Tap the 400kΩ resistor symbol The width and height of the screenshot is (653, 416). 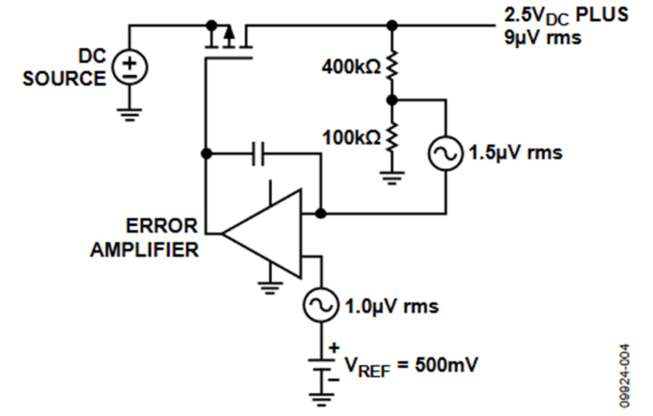pos(392,65)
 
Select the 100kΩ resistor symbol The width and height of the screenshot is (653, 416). pos(392,136)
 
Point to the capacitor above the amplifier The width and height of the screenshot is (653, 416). pos(258,154)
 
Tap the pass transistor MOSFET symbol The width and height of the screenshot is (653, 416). pos(229,41)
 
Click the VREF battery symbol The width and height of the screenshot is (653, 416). pos(321,365)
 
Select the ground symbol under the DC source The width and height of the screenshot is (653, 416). pos(130,115)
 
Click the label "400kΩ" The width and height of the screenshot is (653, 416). pos(351,67)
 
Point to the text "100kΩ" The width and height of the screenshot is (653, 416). pos(351,137)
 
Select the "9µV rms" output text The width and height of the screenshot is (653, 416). pos(542,38)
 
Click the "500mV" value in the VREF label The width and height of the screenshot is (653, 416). pos(446,365)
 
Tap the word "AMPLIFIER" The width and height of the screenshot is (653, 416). pos(144,249)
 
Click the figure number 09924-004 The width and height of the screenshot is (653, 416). pos(624,375)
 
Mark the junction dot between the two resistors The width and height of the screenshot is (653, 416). pos(392,100)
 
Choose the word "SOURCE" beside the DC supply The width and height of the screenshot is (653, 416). pos(65,78)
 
